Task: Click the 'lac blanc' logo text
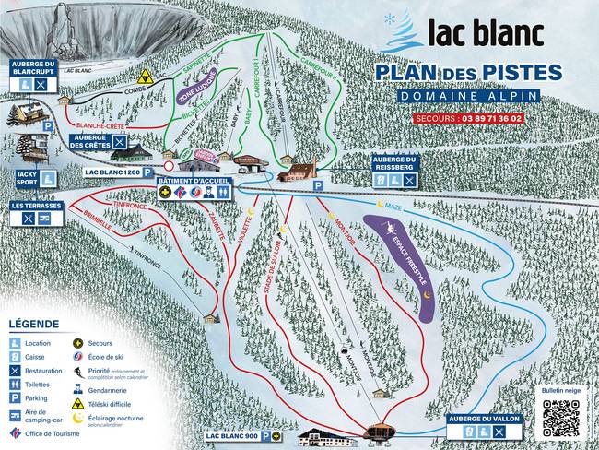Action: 484,33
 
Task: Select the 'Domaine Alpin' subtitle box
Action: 467,96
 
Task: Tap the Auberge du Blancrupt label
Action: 35,66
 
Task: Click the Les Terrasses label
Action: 36,206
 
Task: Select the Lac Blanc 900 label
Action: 231,434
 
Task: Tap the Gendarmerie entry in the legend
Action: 107,390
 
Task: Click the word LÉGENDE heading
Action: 34,324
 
